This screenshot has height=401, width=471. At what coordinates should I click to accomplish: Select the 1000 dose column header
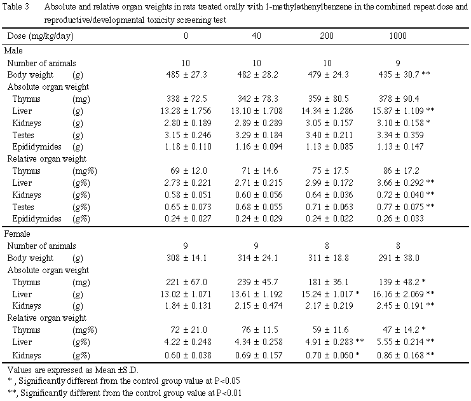click(398, 36)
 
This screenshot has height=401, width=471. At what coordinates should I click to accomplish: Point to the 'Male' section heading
click(14, 50)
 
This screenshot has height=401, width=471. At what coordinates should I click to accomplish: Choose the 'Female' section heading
click(18, 234)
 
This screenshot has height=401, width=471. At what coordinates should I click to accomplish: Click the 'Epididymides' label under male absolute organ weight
click(36, 147)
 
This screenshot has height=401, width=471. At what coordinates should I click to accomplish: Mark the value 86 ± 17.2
click(395, 171)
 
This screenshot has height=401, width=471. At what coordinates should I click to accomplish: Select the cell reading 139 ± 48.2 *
click(402, 282)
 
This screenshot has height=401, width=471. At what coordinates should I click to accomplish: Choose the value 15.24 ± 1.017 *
click(330, 294)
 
